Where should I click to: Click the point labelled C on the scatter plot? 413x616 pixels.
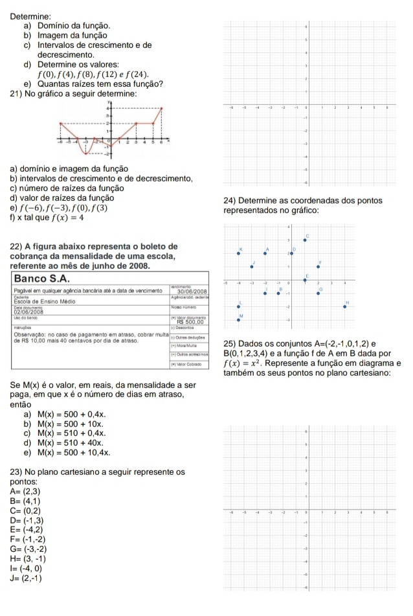point(305,240)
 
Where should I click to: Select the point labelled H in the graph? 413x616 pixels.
point(344,306)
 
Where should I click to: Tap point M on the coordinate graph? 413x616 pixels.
point(238,319)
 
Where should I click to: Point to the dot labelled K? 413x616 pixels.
point(238,253)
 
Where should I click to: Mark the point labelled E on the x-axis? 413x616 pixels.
point(305,280)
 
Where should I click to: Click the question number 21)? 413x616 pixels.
point(16,95)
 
